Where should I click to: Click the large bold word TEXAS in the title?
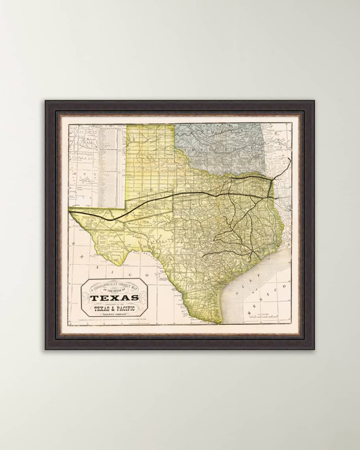point(114,298)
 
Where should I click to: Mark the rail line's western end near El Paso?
point(70,212)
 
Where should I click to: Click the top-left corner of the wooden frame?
point(46,101)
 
